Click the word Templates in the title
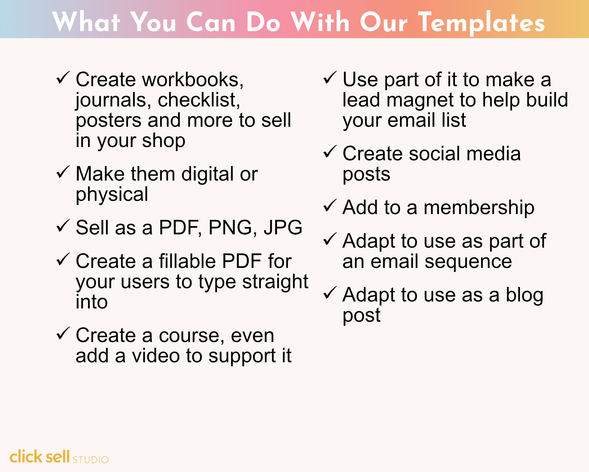[x=481, y=22]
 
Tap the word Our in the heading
[x=384, y=22]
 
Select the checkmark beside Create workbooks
[x=63, y=78]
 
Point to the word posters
[x=108, y=121]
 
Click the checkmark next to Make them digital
[x=63, y=172]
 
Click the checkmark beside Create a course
[x=63, y=333]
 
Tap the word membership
[x=479, y=207]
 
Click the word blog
[x=524, y=295]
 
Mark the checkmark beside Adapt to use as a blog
[x=330, y=293]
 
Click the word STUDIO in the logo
[x=90, y=460]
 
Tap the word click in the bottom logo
[x=26, y=457]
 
